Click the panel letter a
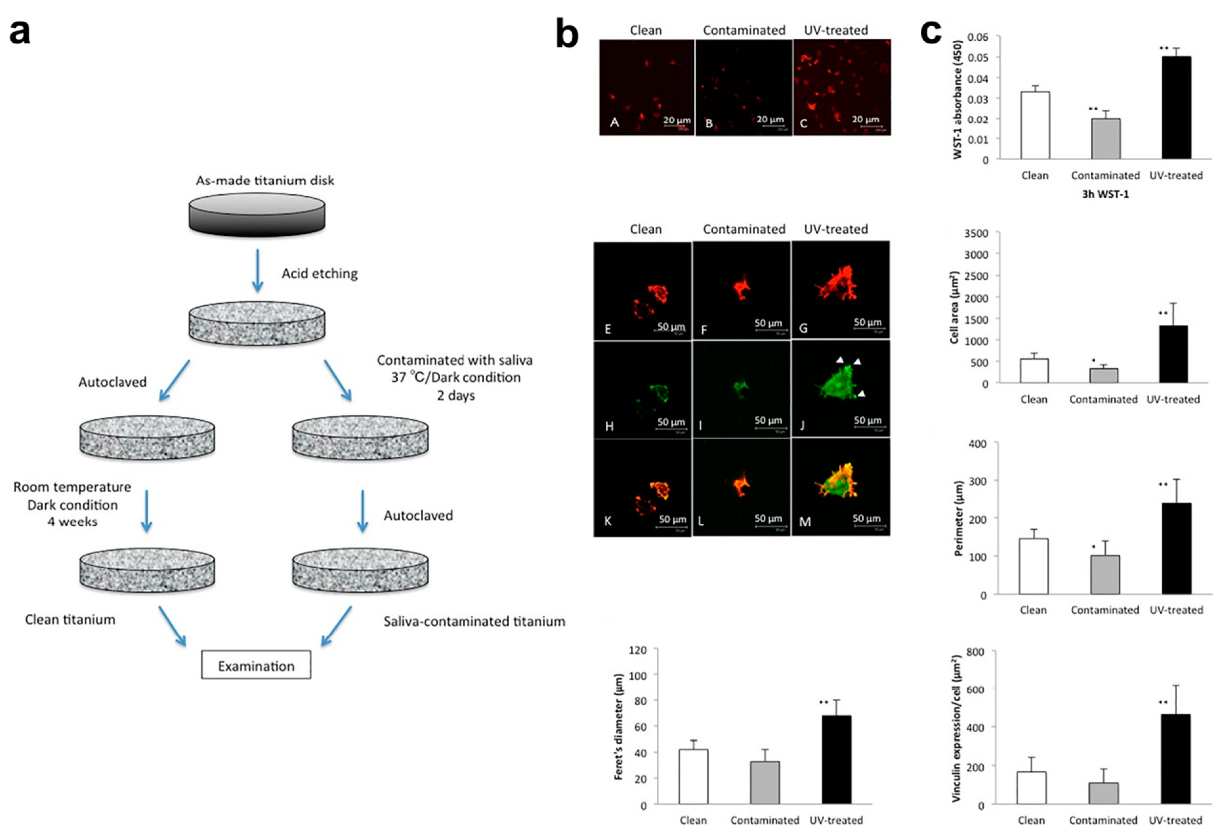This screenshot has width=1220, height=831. (20, 33)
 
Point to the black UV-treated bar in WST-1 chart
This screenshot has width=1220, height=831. (1176, 108)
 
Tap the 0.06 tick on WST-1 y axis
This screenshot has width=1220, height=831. (978, 37)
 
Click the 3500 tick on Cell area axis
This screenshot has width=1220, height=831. (976, 233)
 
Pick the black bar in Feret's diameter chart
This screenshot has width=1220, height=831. (836, 759)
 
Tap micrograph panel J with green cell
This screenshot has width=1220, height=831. (840, 389)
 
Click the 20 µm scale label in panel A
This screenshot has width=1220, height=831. (677, 120)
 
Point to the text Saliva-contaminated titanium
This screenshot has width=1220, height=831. (474, 622)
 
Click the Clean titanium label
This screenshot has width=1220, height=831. (70, 619)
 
